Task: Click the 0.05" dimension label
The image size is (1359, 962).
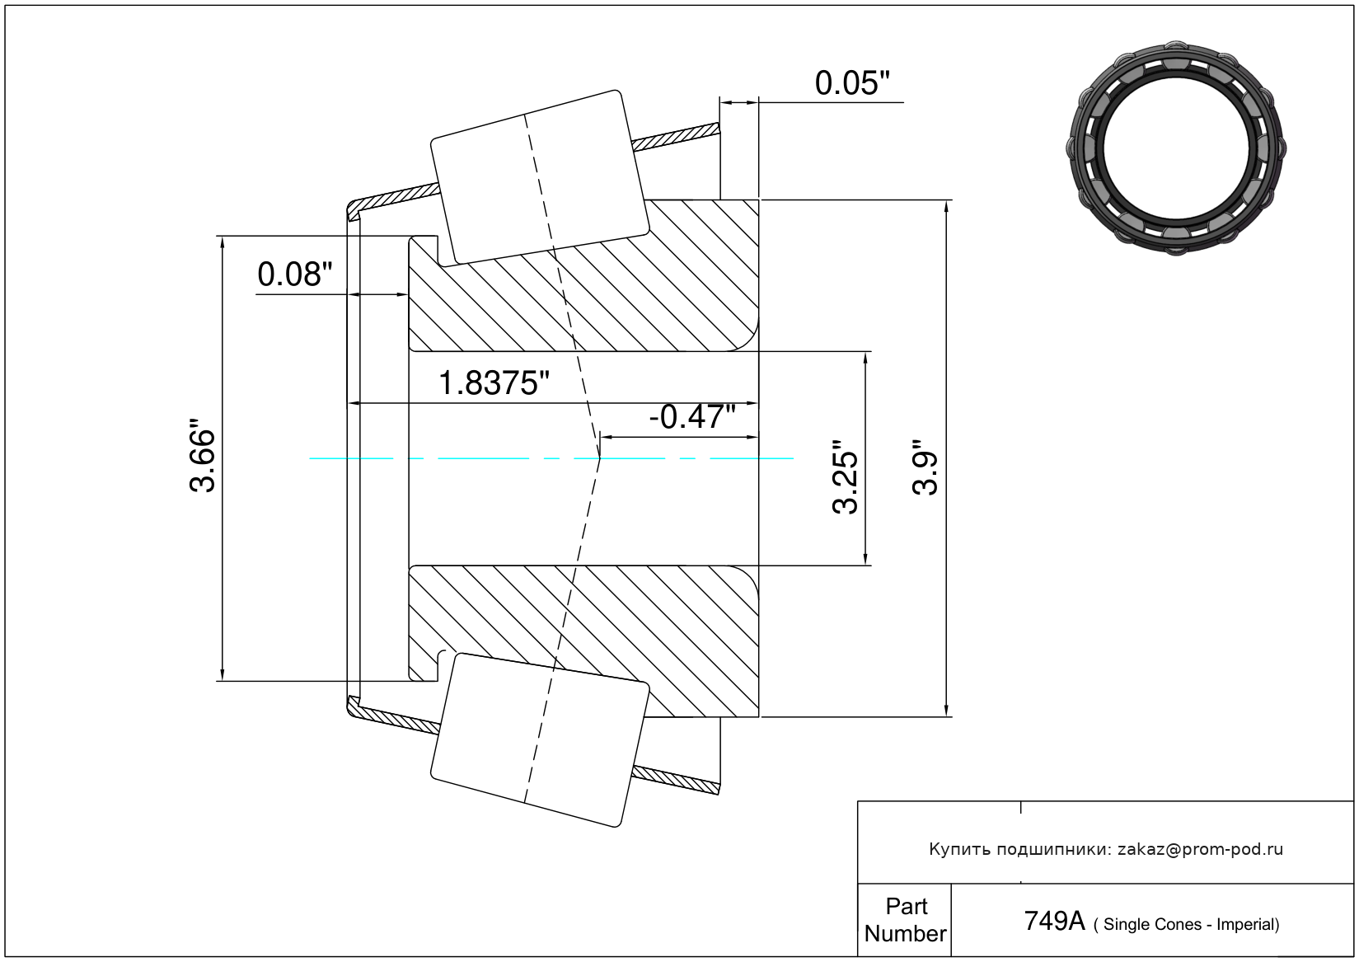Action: [x=852, y=83]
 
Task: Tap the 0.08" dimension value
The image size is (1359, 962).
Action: [x=295, y=275]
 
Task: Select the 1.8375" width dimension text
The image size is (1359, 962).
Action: [x=494, y=383]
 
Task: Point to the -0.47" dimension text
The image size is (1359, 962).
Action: [x=692, y=417]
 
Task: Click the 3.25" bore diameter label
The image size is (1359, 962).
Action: [x=845, y=477]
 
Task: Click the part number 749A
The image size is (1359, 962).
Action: [x=1054, y=922]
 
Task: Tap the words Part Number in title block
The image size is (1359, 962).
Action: [x=905, y=920]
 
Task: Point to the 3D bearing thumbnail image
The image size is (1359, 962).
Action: [x=1176, y=148]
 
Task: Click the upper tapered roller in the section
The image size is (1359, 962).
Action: [x=540, y=178]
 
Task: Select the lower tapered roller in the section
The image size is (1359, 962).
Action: [x=540, y=740]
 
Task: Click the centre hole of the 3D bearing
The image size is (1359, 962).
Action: [x=1176, y=148]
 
